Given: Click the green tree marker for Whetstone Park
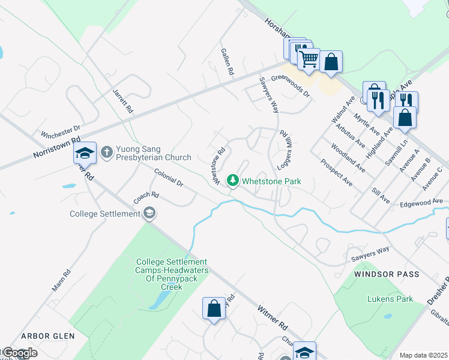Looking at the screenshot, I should point(232,180).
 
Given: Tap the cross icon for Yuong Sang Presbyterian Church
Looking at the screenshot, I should point(107,152).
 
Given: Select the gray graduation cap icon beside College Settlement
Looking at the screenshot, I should point(149,213).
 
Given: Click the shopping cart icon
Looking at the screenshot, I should point(309,59).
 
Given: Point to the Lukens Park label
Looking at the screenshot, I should point(390,298).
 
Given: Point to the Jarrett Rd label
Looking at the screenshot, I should point(122,103).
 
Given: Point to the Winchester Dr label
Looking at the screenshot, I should point(60,131).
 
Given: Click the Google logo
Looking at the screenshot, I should point(19,353).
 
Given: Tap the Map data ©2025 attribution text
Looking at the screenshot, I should point(424,355).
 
